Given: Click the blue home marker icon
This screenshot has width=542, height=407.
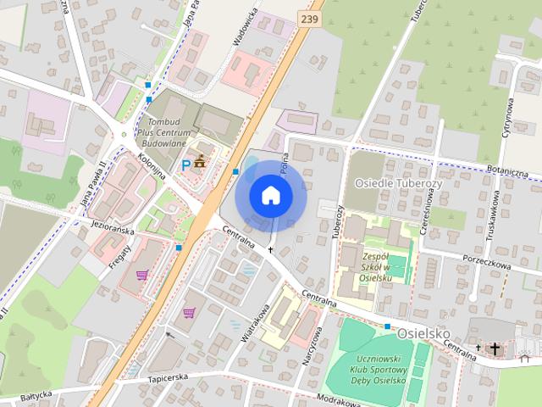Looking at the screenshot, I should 270,195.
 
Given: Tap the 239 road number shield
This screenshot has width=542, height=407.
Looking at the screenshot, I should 310,18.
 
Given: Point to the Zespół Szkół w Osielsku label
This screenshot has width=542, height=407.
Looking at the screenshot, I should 373,265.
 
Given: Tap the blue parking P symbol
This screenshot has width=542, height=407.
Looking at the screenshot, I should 185,164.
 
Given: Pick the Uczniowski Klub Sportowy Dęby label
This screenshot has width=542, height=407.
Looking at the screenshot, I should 378,371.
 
